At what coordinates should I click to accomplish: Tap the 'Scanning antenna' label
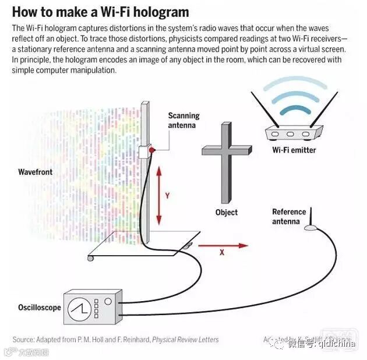tap(183, 120)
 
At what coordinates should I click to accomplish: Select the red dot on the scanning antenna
tap(151, 150)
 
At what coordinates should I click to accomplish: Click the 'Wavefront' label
tap(35, 172)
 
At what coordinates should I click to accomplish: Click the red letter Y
tap(167, 196)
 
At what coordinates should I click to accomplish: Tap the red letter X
tap(223, 254)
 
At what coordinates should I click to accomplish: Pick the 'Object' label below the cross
tap(227, 213)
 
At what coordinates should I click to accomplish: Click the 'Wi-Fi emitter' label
tap(294, 150)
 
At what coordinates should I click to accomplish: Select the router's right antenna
tap(324, 108)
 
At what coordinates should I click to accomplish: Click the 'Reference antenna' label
tap(289, 216)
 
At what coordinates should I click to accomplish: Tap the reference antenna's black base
tap(312, 227)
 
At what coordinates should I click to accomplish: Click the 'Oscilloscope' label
tap(40, 307)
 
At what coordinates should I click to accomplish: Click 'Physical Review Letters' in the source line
tap(186, 340)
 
